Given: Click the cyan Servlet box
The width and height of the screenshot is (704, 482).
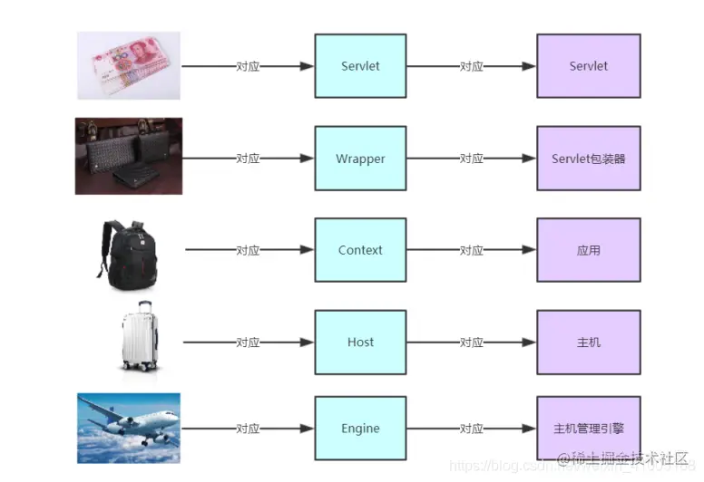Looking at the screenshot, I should click(360, 66).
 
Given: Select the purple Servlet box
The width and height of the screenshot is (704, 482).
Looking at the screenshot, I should click(588, 66).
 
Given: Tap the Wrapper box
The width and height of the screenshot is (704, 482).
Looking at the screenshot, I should click(360, 159).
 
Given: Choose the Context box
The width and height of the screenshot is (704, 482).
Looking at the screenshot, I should click(360, 250).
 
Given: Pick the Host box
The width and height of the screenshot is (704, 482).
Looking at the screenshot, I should click(360, 342).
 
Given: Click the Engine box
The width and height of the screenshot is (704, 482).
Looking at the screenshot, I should click(360, 429).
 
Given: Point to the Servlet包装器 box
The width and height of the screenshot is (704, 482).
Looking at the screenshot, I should click(588, 159).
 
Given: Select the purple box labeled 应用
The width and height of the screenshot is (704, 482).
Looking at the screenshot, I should click(588, 250).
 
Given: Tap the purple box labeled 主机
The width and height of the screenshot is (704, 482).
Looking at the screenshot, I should click(588, 342).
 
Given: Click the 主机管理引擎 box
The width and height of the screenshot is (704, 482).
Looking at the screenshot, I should click(588, 429).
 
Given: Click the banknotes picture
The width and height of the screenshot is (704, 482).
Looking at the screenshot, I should click(128, 66).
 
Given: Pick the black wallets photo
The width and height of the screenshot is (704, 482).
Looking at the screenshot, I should click(128, 156).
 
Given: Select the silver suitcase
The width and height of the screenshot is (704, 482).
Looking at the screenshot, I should click(141, 336).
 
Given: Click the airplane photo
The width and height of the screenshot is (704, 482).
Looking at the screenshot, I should click(128, 428).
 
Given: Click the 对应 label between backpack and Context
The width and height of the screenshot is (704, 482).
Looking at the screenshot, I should click(248, 251).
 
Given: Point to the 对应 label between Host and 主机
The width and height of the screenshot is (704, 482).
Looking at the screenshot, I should click(471, 342).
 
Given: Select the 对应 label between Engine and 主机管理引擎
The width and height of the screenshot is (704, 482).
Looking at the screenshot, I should click(471, 429).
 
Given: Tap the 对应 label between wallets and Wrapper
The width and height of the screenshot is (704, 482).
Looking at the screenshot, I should click(248, 159).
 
